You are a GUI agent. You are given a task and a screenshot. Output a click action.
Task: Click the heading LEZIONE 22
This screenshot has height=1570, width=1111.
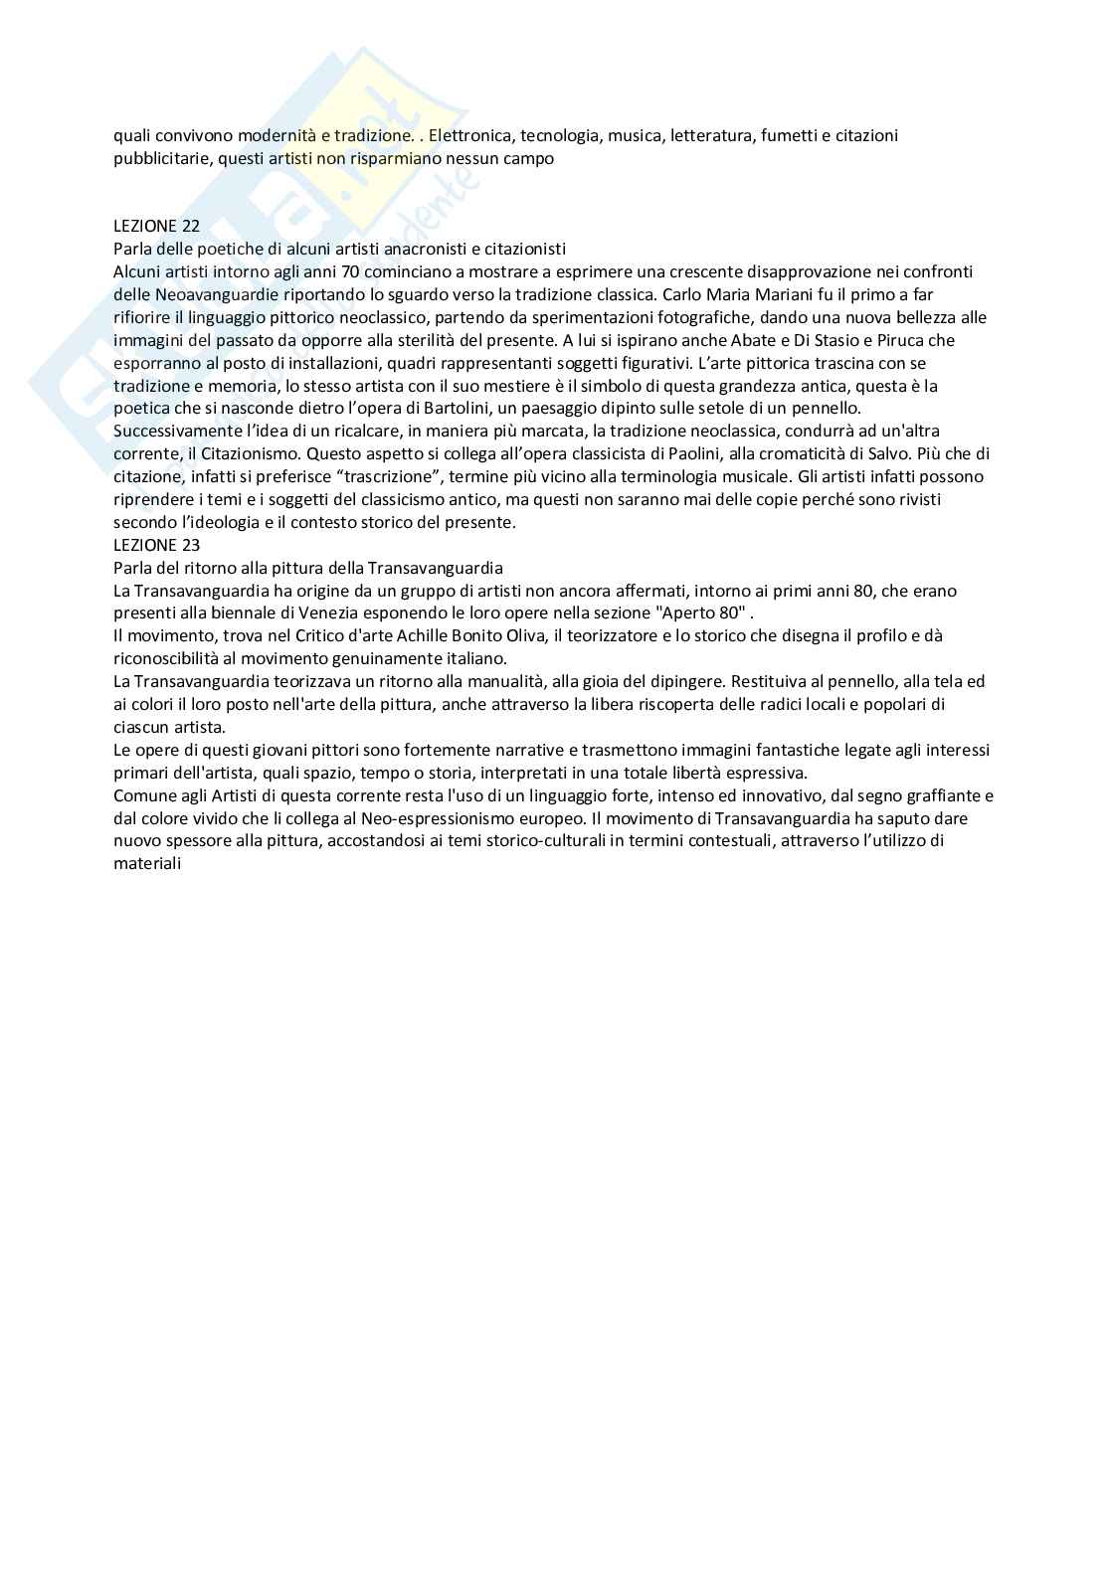pyautogui.click(x=156, y=226)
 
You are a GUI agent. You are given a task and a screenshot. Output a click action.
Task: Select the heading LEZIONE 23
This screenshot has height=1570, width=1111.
pyautogui.click(x=156, y=545)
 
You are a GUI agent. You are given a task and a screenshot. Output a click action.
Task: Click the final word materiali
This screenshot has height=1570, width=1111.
pyautogui.click(x=147, y=864)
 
